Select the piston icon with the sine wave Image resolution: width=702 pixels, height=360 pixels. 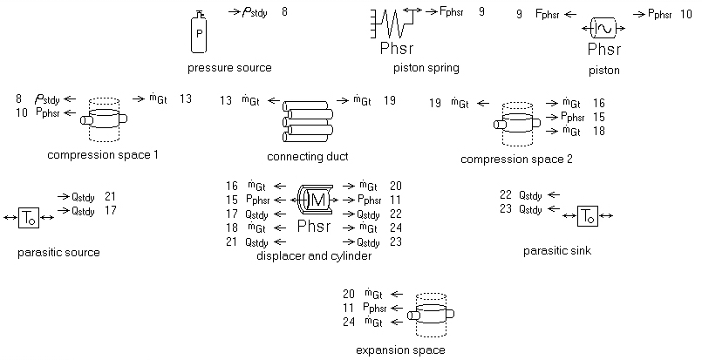tap(603, 28)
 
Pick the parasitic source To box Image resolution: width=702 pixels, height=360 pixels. tap(30, 215)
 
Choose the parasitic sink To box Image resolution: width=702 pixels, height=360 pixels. tap(588, 215)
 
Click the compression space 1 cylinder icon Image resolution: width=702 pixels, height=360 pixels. tap(104, 119)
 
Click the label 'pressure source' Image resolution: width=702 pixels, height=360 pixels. tap(229, 67)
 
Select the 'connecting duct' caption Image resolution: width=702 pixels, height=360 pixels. tap(308, 156)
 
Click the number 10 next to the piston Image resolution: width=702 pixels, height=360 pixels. tap(685, 14)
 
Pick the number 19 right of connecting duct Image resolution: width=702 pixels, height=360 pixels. tap(389, 100)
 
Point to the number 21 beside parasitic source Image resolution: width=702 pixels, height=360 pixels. tap(110, 196)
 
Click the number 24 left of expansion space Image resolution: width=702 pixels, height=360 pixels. tap(349, 323)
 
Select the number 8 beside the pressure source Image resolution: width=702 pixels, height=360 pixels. tap(284, 12)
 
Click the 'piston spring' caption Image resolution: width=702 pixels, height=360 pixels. tap(426, 67)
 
